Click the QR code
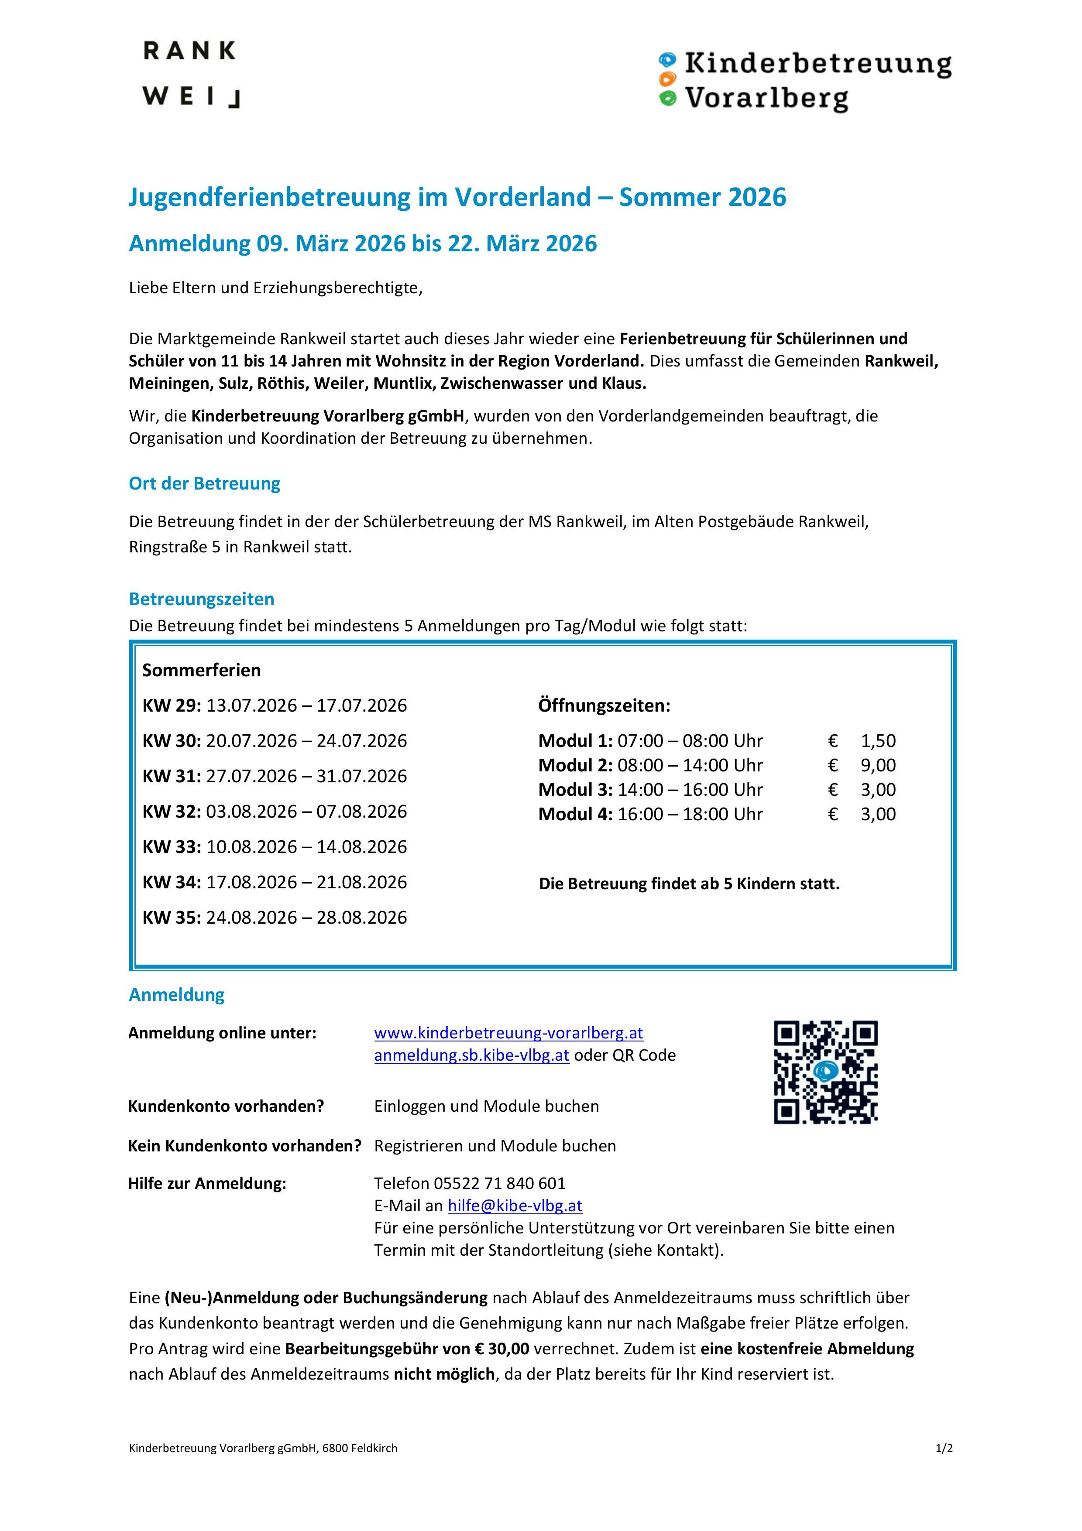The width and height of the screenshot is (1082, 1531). pyautogui.click(x=825, y=1072)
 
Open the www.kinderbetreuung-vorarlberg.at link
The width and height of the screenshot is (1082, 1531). pyautogui.click(x=508, y=1033)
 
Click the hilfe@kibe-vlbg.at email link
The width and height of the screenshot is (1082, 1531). pyautogui.click(x=515, y=1206)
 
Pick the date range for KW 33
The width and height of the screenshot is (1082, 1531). pyautogui.click(x=306, y=847)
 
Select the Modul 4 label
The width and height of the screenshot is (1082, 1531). pyautogui.click(x=575, y=814)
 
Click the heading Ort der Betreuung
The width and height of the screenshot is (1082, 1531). pyautogui.click(x=204, y=483)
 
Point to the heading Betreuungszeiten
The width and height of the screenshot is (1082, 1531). pyautogui.click(x=202, y=599)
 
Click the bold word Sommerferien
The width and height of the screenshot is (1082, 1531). pyautogui.click(x=202, y=670)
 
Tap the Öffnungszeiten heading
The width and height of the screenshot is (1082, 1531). pyautogui.click(x=604, y=706)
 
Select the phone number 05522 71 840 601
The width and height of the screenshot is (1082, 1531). pyautogui.click(x=499, y=1184)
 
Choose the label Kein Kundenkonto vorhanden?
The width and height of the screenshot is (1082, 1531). pyautogui.click(x=244, y=1146)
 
